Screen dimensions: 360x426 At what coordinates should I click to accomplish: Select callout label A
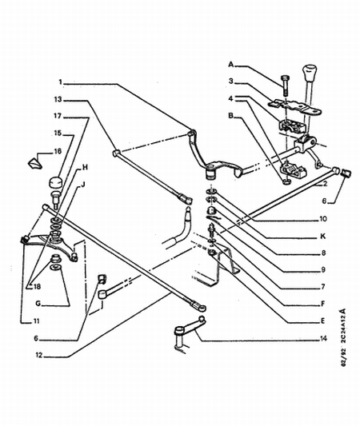pyautogui.click(x=231, y=65)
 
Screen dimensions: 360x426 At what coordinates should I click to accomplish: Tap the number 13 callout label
pyautogui.click(x=58, y=99)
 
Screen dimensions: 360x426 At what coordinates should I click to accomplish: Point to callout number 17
pyautogui.click(x=58, y=116)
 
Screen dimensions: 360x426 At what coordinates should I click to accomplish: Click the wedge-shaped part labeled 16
pyautogui.click(x=34, y=164)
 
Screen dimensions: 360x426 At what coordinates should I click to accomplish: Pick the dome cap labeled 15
pyautogui.click(x=56, y=182)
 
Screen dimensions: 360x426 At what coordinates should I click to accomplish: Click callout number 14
pyautogui.click(x=323, y=339)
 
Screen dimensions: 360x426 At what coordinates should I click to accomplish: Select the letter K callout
pyautogui.click(x=322, y=237)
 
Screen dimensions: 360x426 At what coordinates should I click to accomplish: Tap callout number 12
pyautogui.click(x=39, y=355)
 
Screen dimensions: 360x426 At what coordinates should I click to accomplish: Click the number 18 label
pyautogui.click(x=37, y=286)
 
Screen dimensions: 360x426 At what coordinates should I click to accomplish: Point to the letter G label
pyautogui.click(x=38, y=304)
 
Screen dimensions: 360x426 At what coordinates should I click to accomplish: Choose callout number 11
pyautogui.click(x=36, y=321)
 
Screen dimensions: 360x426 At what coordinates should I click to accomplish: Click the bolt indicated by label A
pyautogui.click(x=284, y=85)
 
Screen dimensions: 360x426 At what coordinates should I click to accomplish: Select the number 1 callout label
pyautogui.click(x=60, y=82)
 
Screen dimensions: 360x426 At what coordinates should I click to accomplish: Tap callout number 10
pyautogui.click(x=322, y=219)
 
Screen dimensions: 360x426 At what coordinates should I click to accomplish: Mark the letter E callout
pyautogui.click(x=322, y=321)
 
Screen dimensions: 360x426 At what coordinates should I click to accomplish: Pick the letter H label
pyautogui.click(x=85, y=167)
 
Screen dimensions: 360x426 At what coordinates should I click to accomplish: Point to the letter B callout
pyautogui.click(x=231, y=116)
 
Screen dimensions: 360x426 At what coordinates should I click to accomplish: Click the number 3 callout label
pyautogui.click(x=231, y=81)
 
